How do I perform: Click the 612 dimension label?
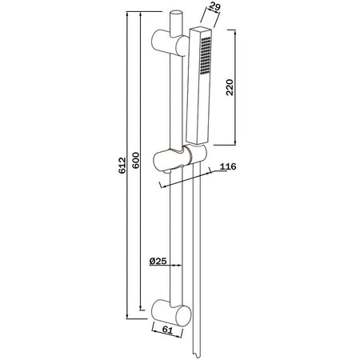click(x=122, y=166)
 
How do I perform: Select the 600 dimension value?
click(x=136, y=160)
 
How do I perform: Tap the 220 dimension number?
click(x=230, y=87)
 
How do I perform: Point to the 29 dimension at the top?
click(x=215, y=6)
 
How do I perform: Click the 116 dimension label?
click(x=228, y=166)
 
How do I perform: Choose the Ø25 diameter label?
click(x=158, y=261)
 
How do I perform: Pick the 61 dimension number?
click(x=167, y=330)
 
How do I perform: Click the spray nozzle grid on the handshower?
click(x=206, y=55)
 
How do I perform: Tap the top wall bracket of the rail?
click(x=170, y=43)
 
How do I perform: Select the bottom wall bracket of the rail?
click(x=171, y=313)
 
